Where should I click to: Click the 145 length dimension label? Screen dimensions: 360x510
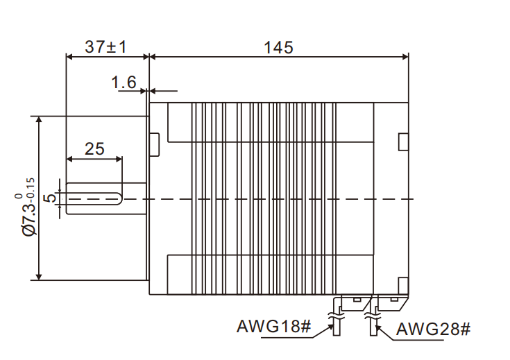pos(278,47)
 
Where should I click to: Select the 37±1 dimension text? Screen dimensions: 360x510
pos(105,47)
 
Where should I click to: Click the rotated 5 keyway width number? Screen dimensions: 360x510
pos(49,198)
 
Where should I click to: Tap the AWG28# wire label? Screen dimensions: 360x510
pos(434,329)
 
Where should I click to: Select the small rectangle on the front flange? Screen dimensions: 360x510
pos(155,142)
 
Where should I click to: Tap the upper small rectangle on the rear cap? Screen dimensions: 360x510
pos(403,141)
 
